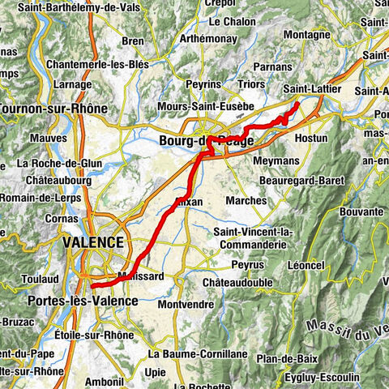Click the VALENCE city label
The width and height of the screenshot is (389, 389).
point(93,242)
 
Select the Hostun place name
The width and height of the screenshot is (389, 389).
point(311,139)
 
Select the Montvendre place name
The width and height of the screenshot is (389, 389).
point(186,305)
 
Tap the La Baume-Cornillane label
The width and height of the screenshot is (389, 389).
point(186,354)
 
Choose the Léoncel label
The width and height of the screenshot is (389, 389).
point(305,265)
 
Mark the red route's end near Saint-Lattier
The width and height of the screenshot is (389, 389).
point(297,104)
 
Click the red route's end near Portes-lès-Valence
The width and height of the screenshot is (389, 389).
point(92,285)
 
